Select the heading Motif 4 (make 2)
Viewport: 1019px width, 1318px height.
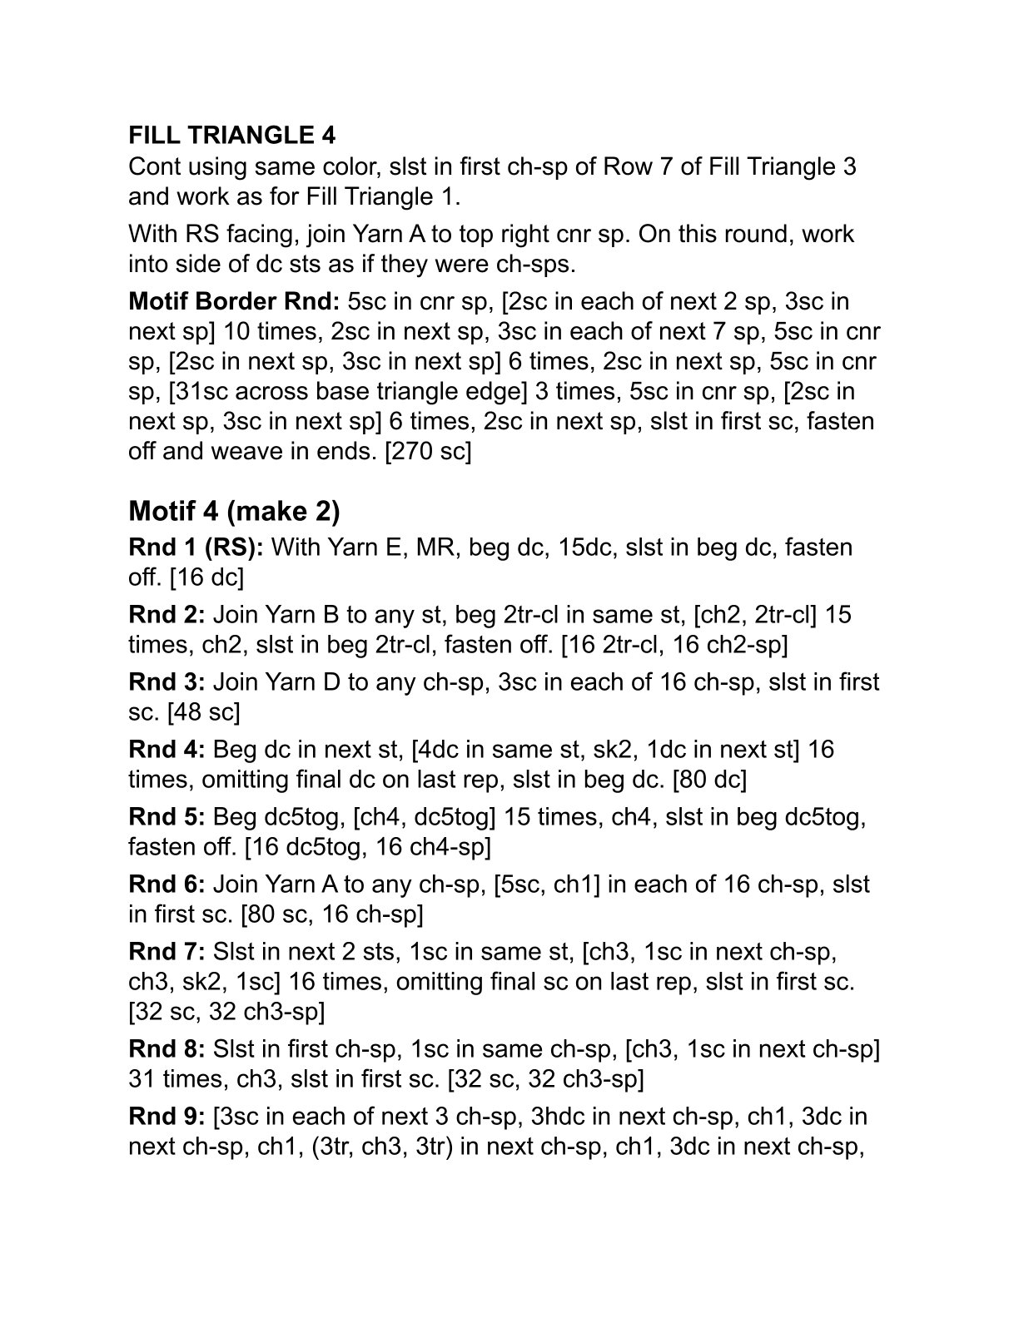[x=234, y=510]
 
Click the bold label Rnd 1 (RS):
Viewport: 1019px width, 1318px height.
[x=196, y=548]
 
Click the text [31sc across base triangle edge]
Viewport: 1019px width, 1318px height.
[x=359, y=392]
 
